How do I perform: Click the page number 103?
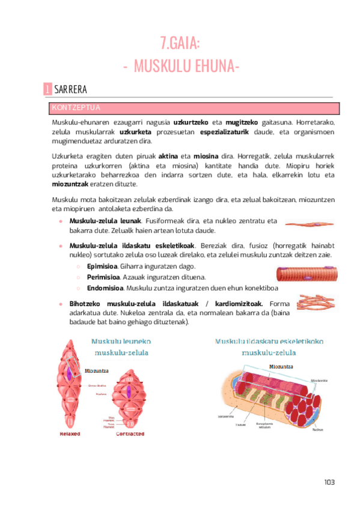click(x=328, y=482)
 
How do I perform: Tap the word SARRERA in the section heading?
click(x=70, y=90)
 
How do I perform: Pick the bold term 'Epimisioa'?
click(x=85, y=266)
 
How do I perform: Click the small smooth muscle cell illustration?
click(x=309, y=224)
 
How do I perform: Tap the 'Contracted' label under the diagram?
click(x=130, y=433)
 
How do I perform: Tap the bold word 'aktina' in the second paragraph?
click(x=151, y=156)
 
